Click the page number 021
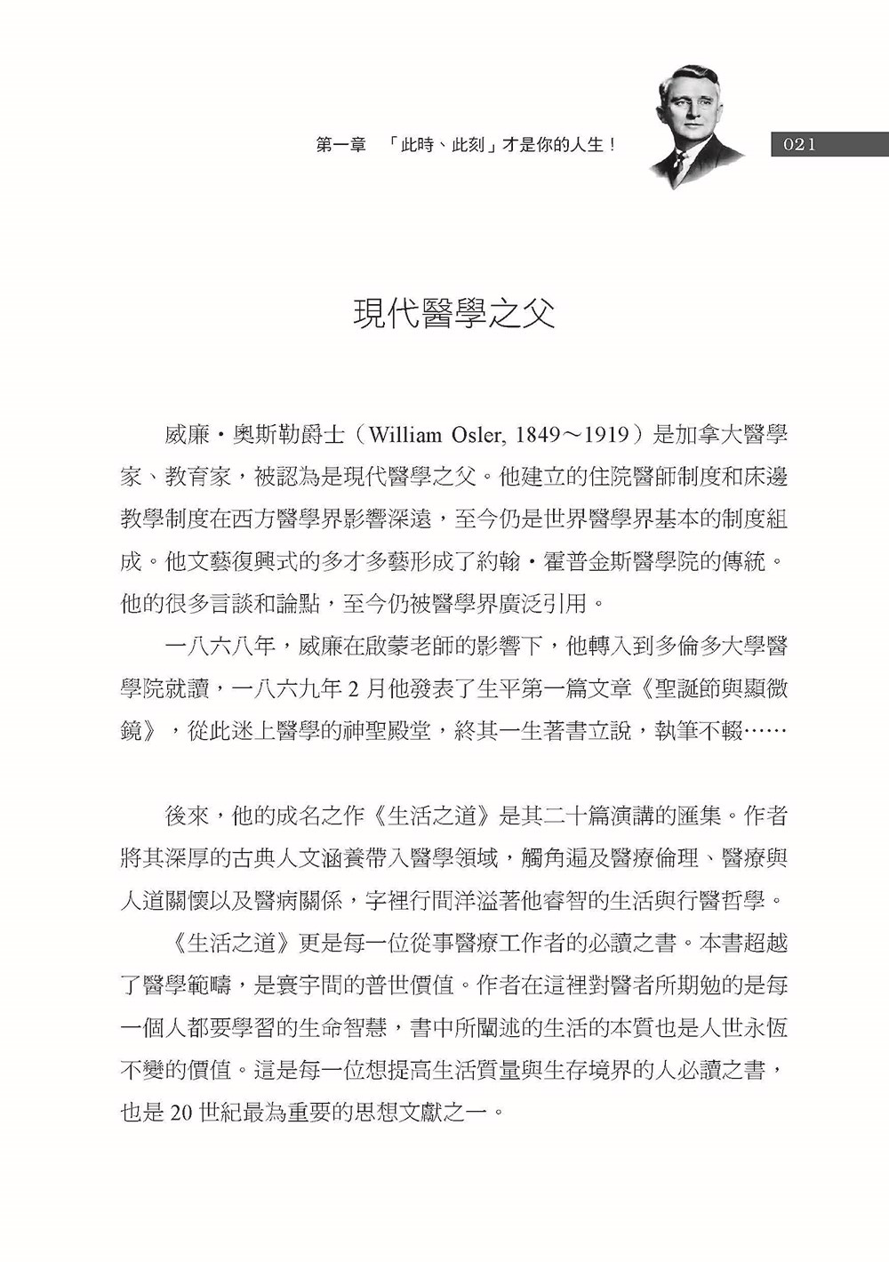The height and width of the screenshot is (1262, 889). pos(797,144)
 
